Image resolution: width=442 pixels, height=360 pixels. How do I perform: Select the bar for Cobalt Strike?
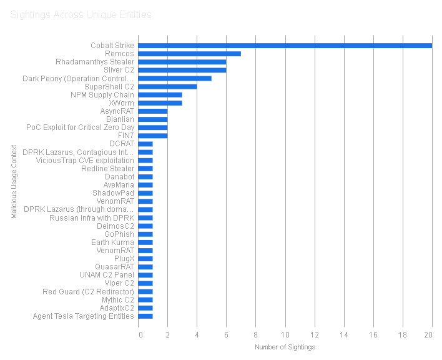click(x=285, y=46)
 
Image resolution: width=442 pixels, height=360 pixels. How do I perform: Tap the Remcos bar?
click(x=189, y=54)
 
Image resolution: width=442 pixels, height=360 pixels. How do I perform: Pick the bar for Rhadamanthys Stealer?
click(x=182, y=62)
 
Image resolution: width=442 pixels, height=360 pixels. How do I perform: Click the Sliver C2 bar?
click(x=182, y=70)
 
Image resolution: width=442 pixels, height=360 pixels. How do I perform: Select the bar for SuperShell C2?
click(x=167, y=86)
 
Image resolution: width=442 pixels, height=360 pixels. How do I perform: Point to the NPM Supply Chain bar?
click(x=160, y=94)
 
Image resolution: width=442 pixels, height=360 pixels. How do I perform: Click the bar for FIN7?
click(x=152, y=136)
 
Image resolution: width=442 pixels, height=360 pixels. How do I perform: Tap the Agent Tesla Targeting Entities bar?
click(x=145, y=316)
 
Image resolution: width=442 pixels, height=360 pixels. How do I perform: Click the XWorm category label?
click(x=121, y=103)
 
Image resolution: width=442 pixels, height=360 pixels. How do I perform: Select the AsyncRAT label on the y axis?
click(x=117, y=111)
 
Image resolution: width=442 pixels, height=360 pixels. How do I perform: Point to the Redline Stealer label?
click(x=107, y=169)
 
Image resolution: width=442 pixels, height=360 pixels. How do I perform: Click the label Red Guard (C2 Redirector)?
click(x=88, y=292)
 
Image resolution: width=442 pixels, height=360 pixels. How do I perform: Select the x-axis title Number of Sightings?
click(x=285, y=347)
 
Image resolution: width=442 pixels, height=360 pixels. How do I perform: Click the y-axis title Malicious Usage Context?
click(x=13, y=181)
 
